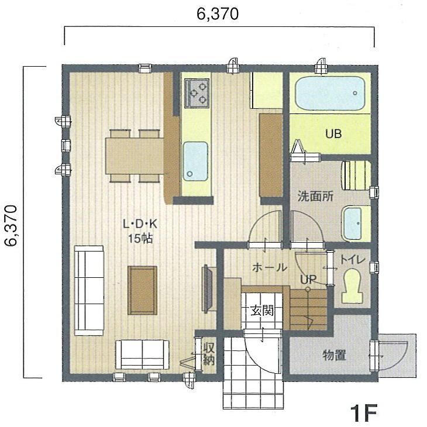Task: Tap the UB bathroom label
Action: pyautogui.click(x=333, y=133)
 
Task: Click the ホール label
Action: pyautogui.click(x=269, y=267)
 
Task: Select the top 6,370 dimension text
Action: pyautogui.click(x=217, y=15)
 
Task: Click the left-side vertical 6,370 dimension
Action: pyautogui.click(x=12, y=226)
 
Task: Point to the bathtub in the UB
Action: pyautogui.click(x=329, y=92)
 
